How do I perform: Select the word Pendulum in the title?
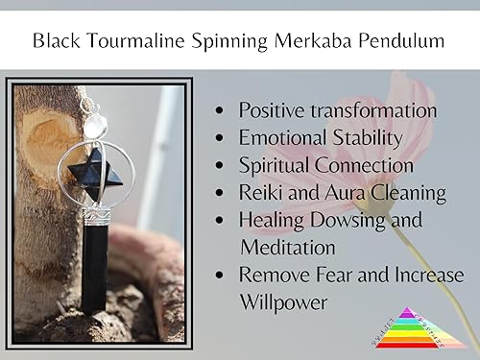[x=407, y=41]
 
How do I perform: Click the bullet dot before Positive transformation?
[x=224, y=112]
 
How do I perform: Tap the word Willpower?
[x=284, y=302]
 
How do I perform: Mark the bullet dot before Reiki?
[x=224, y=194]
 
